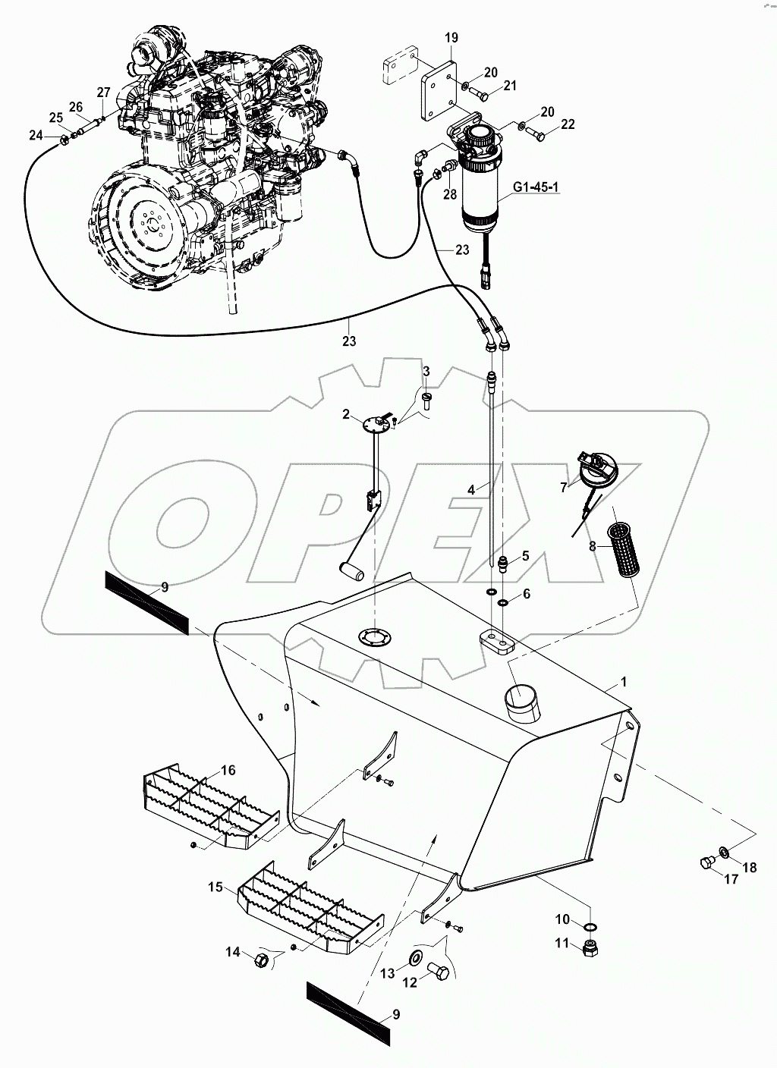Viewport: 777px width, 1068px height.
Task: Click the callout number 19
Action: click(x=451, y=37)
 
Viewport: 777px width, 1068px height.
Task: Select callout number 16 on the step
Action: click(x=228, y=770)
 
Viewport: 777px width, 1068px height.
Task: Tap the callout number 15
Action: click(x=215, y=885)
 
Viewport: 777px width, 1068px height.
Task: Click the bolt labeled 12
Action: click(x=436, y=971)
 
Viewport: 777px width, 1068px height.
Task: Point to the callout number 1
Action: click(x=624, y=682)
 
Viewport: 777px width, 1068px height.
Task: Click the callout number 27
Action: click(x=103, y=93)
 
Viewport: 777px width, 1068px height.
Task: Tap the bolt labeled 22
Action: click(x=536, y=137)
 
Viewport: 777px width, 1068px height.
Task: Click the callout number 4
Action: click(x=471, y=491)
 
